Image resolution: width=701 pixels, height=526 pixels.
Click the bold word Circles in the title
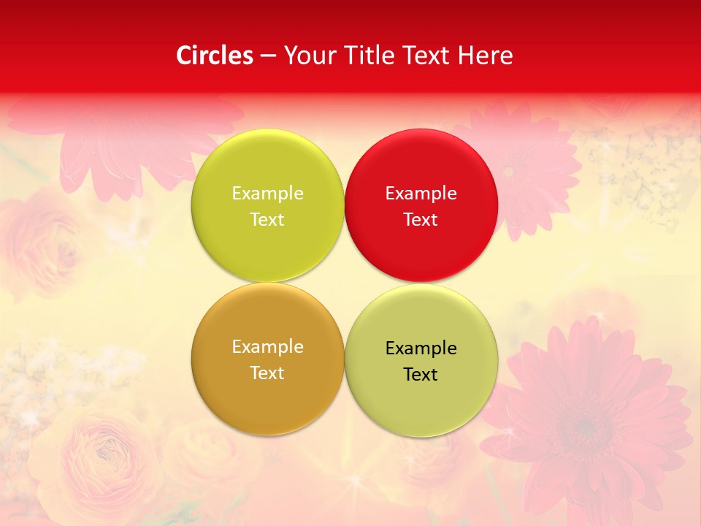pyautogui.click(x=214, y=56)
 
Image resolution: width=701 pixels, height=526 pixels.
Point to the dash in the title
pyautogui.click(x=267, y=56)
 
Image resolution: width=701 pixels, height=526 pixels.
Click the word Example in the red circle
pyautogui.click(x=421, y=194)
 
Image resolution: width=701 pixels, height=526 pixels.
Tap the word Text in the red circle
pyautogui.click(x=421, y=219)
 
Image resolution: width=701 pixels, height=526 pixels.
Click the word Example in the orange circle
pyautogui.click(x=267, y=347)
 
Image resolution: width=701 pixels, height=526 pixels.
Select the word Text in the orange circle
pyautogui.click(x=267, y=373)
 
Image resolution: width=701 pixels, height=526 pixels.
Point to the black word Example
pyautogui.click(x=421, y=348)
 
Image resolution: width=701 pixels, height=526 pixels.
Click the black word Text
pyautogui.click(x=421, y=374)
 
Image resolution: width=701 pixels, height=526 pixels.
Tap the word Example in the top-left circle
pyautogui.click(x=267, y=194)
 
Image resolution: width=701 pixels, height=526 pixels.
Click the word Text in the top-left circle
pyautogui.click(x=267, y=219)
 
